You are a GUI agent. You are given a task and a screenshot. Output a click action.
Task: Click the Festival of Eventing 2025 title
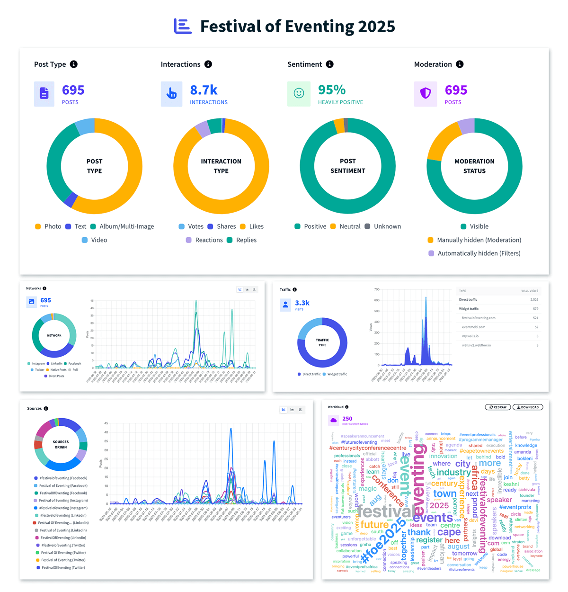point(297,27)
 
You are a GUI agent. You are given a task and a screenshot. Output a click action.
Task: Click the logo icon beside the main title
point(183,26)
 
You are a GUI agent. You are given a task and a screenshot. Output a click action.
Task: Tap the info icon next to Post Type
point(74,64)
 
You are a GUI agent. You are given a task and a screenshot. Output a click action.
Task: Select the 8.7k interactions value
point(204,90)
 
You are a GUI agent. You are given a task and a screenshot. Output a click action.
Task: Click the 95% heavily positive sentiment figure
point(332,90)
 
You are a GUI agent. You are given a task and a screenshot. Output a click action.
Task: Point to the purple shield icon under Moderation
point(425,93)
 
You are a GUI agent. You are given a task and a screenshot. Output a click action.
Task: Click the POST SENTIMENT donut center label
point(347,166)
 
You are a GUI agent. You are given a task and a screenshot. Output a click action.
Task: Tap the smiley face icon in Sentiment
point(299,93)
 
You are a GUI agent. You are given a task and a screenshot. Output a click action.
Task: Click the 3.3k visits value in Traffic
point(302,303)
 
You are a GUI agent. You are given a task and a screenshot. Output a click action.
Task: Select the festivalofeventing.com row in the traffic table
point(479,318)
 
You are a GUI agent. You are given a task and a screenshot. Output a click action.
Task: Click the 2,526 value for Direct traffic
point(533,300)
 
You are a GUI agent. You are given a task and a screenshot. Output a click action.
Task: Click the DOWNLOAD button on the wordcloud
point(528,407)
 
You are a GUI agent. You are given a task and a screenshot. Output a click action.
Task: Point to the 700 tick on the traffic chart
point(377,289)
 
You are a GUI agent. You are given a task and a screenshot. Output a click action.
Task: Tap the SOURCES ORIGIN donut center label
point(61,444)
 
